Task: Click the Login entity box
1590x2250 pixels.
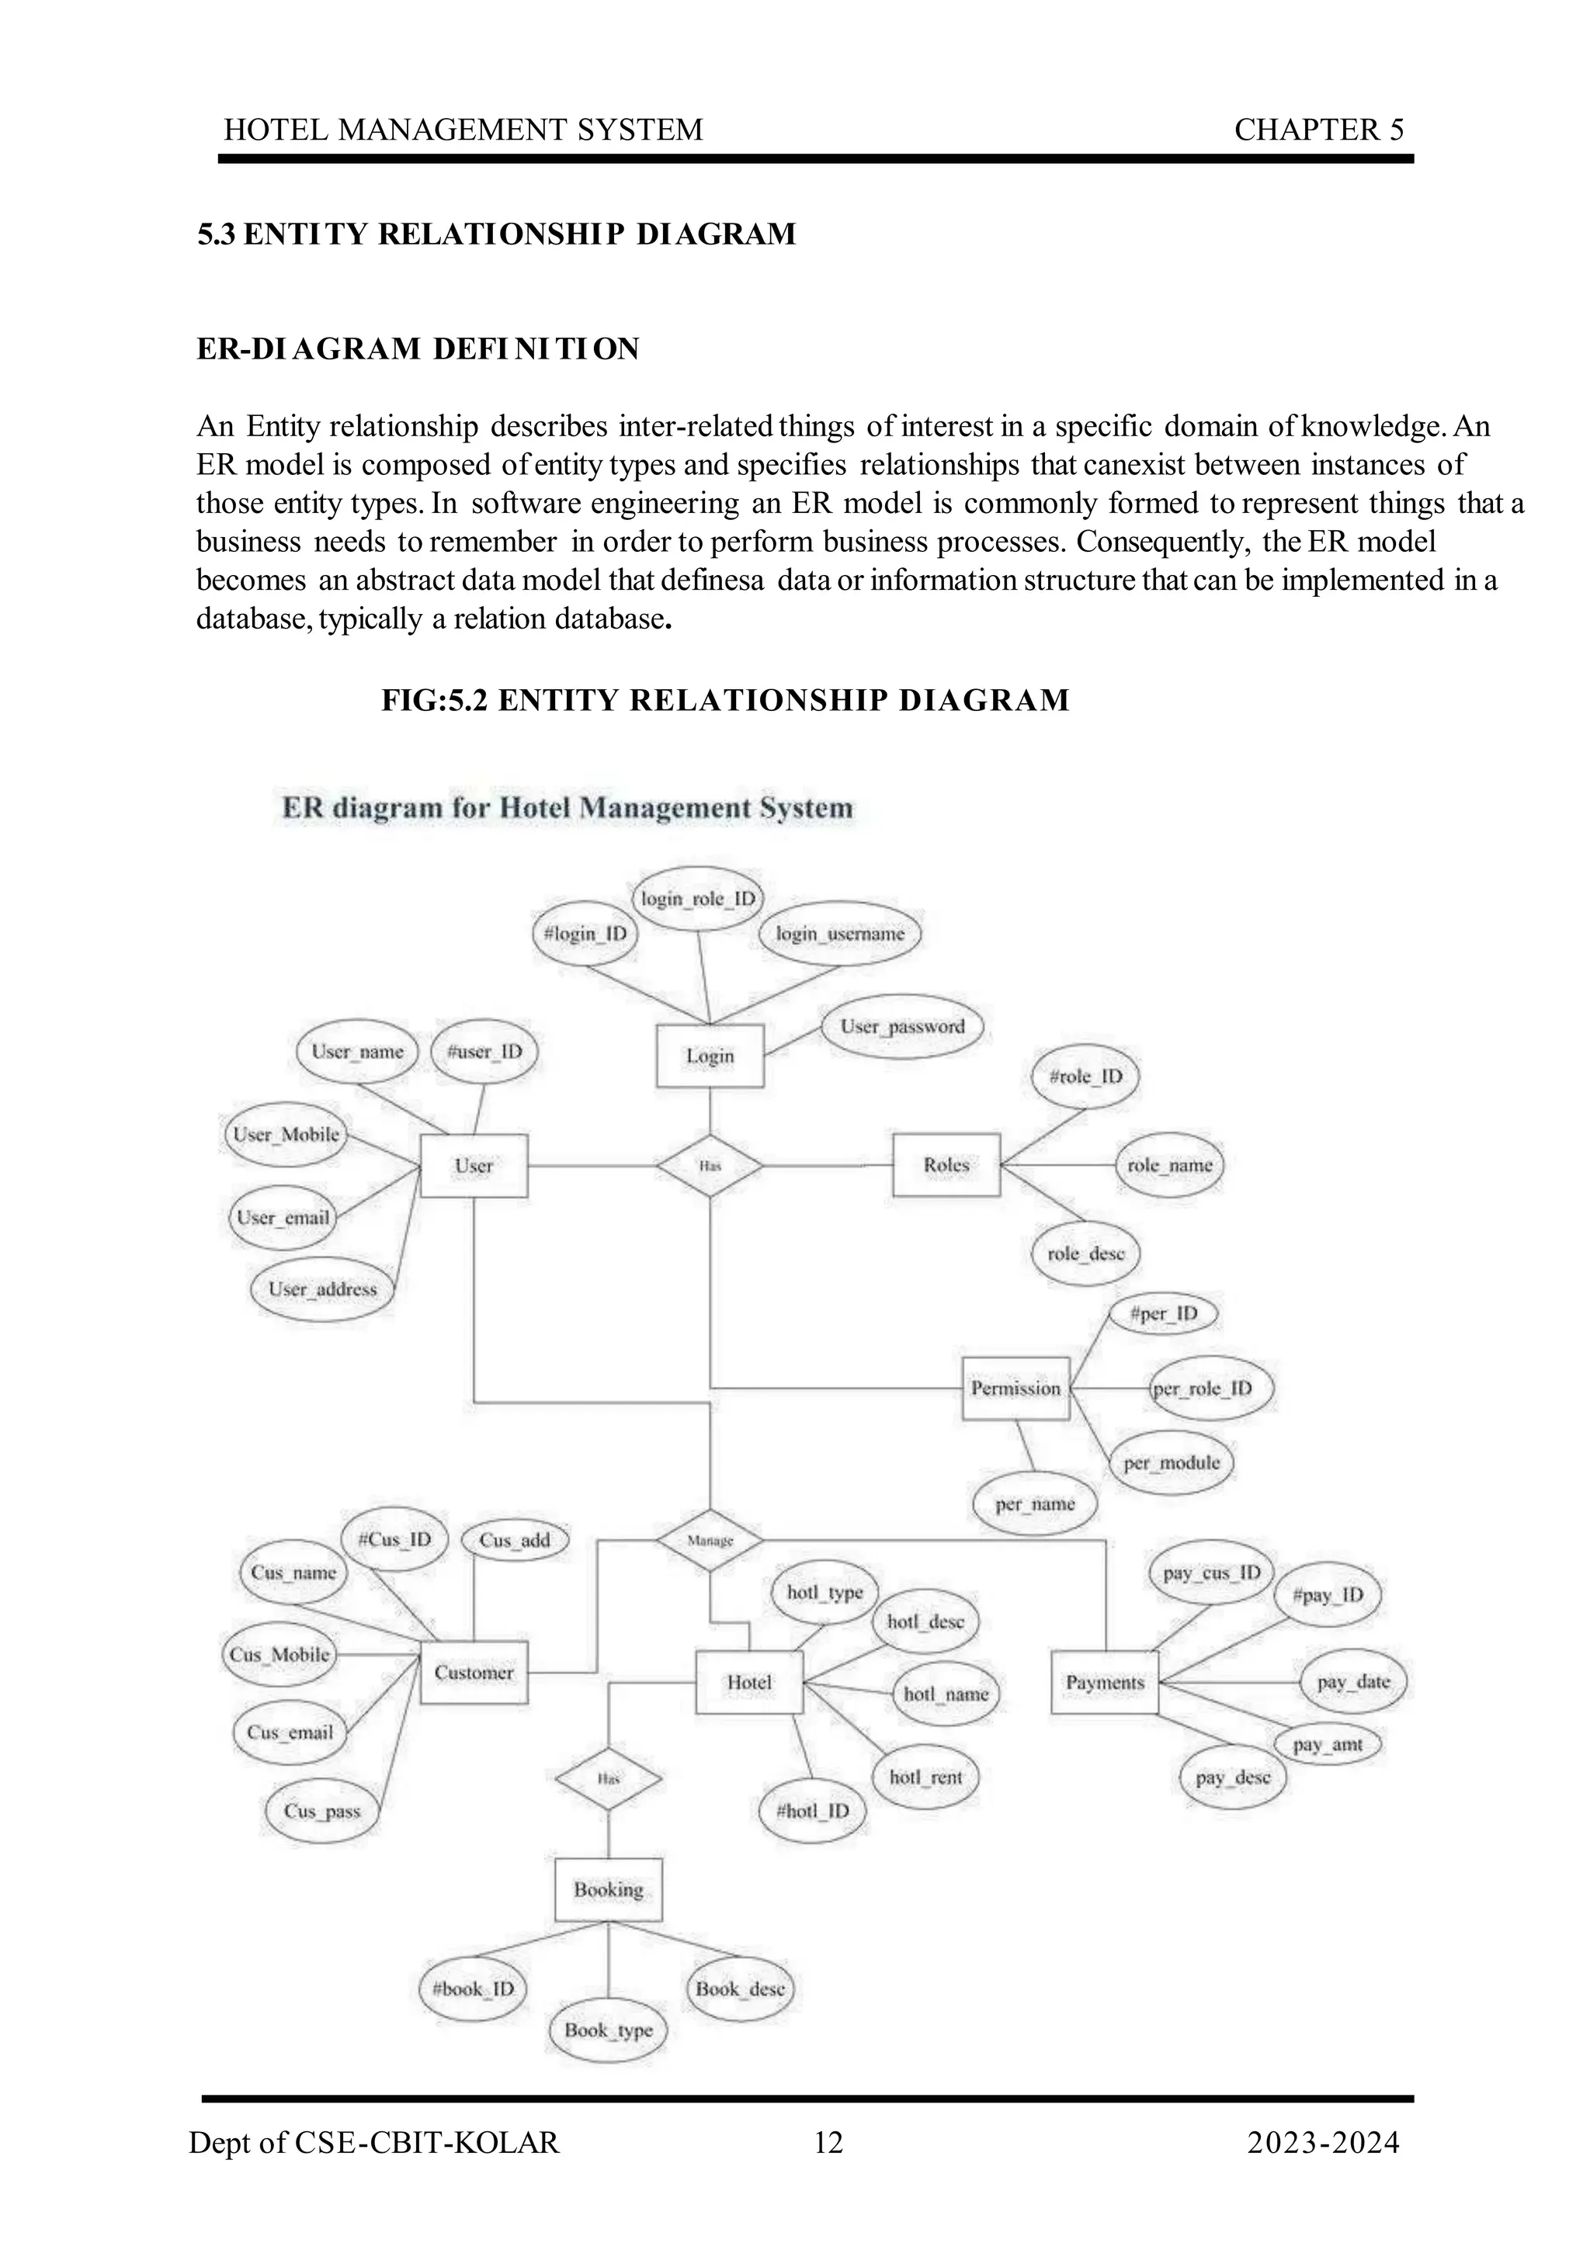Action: point(709,1056)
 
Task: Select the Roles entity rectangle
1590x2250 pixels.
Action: point(946,1165)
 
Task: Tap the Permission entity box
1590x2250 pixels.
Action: point(1015,1388)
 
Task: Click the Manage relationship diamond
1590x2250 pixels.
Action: point(710,1541)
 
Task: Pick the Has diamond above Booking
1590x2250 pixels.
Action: point(608,1779)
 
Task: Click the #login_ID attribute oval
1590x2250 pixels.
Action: point(586,934)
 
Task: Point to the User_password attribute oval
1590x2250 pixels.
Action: point(902,1027)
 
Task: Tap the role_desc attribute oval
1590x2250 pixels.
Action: point(1085,1253)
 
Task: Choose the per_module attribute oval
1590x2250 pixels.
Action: point(1172,1463)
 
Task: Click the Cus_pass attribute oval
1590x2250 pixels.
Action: point(322,1811)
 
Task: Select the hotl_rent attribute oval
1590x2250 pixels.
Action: point(925,1777)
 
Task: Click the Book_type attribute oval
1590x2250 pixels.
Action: point(608,2030)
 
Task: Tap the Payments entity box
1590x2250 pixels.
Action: point(1105,1682)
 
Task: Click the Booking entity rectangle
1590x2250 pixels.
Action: point(608,1889)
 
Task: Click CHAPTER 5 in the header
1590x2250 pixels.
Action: point(1318,130)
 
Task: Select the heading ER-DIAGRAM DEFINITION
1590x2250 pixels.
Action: point(418,348)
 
